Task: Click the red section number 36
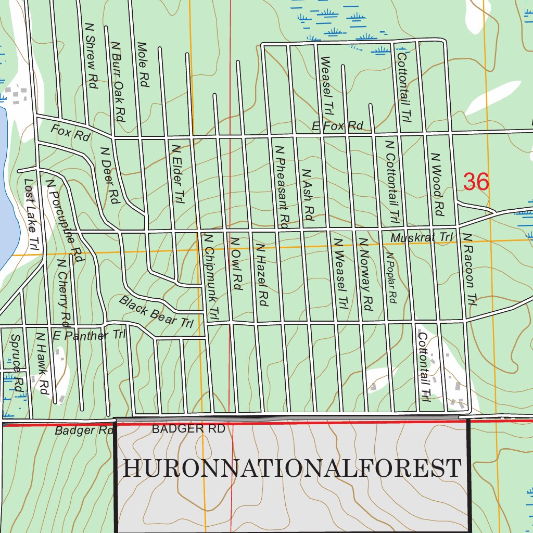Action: click(x=476, y=182)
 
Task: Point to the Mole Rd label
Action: click(x=143, y=64)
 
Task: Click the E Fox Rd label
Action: click(x=337, y=125)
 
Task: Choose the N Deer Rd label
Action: click(x=109, y=175)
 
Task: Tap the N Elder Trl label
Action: click(x=179, y=173)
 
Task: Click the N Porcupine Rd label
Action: click(x=65, y=220)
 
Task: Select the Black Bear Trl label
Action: click(x=156, y=311)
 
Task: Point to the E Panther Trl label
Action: click(x=89, y=335)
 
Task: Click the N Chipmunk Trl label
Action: click(x=210, y=275)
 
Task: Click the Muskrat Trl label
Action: click(x=422, y=237)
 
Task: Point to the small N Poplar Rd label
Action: click(x=391, y=277)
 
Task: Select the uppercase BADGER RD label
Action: click(x=188, y=429)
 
